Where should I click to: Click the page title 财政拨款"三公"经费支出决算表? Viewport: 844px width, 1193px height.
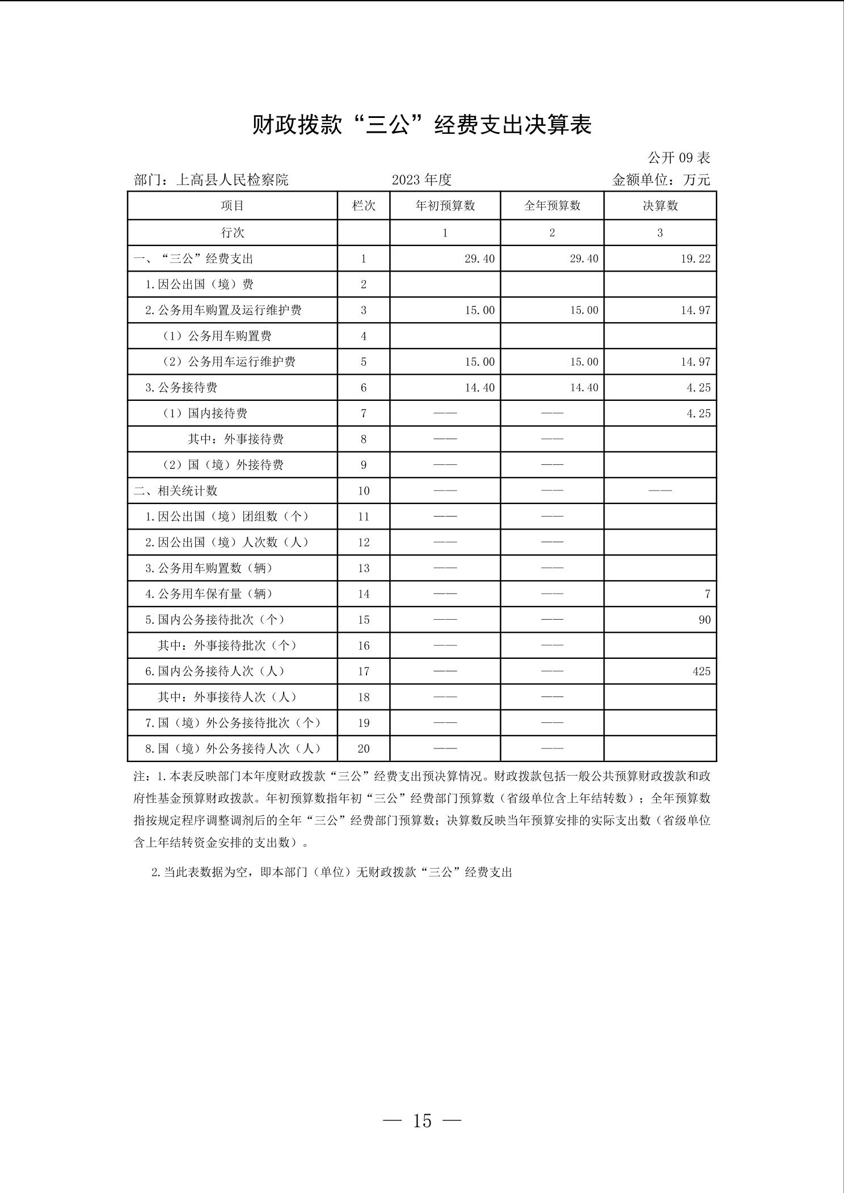point(422,125)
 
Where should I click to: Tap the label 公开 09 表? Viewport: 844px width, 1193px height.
point(679,158)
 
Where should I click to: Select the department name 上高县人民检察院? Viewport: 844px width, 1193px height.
point(232,180)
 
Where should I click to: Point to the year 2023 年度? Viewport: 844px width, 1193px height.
point(421,180)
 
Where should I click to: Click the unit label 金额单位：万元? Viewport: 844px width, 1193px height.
point(661,180)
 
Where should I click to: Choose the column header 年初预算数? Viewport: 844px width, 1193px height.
point(445,206)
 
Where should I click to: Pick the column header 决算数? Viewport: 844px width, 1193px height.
point(660,206)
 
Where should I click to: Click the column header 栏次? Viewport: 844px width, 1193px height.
point(364,206)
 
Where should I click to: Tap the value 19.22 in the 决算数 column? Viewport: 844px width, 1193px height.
point(695,259)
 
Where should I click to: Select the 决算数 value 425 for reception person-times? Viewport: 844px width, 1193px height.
point(701,671)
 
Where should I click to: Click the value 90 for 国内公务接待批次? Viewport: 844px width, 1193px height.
point(704,620)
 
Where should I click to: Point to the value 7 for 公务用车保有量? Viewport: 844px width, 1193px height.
point(707,594)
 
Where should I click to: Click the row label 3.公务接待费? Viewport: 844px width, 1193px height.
point(182,388)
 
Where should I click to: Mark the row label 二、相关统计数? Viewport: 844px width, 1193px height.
point(176,490)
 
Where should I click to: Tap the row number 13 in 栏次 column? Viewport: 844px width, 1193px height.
point(364,568)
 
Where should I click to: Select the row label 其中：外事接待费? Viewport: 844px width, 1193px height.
point(235,439)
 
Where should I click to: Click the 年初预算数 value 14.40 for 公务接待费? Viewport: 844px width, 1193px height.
point(479,388)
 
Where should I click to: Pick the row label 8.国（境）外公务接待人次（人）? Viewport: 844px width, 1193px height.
point(233,748)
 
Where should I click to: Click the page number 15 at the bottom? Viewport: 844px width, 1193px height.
point(422,1121)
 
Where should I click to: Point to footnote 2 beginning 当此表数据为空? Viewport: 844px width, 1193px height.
point(332,873)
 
